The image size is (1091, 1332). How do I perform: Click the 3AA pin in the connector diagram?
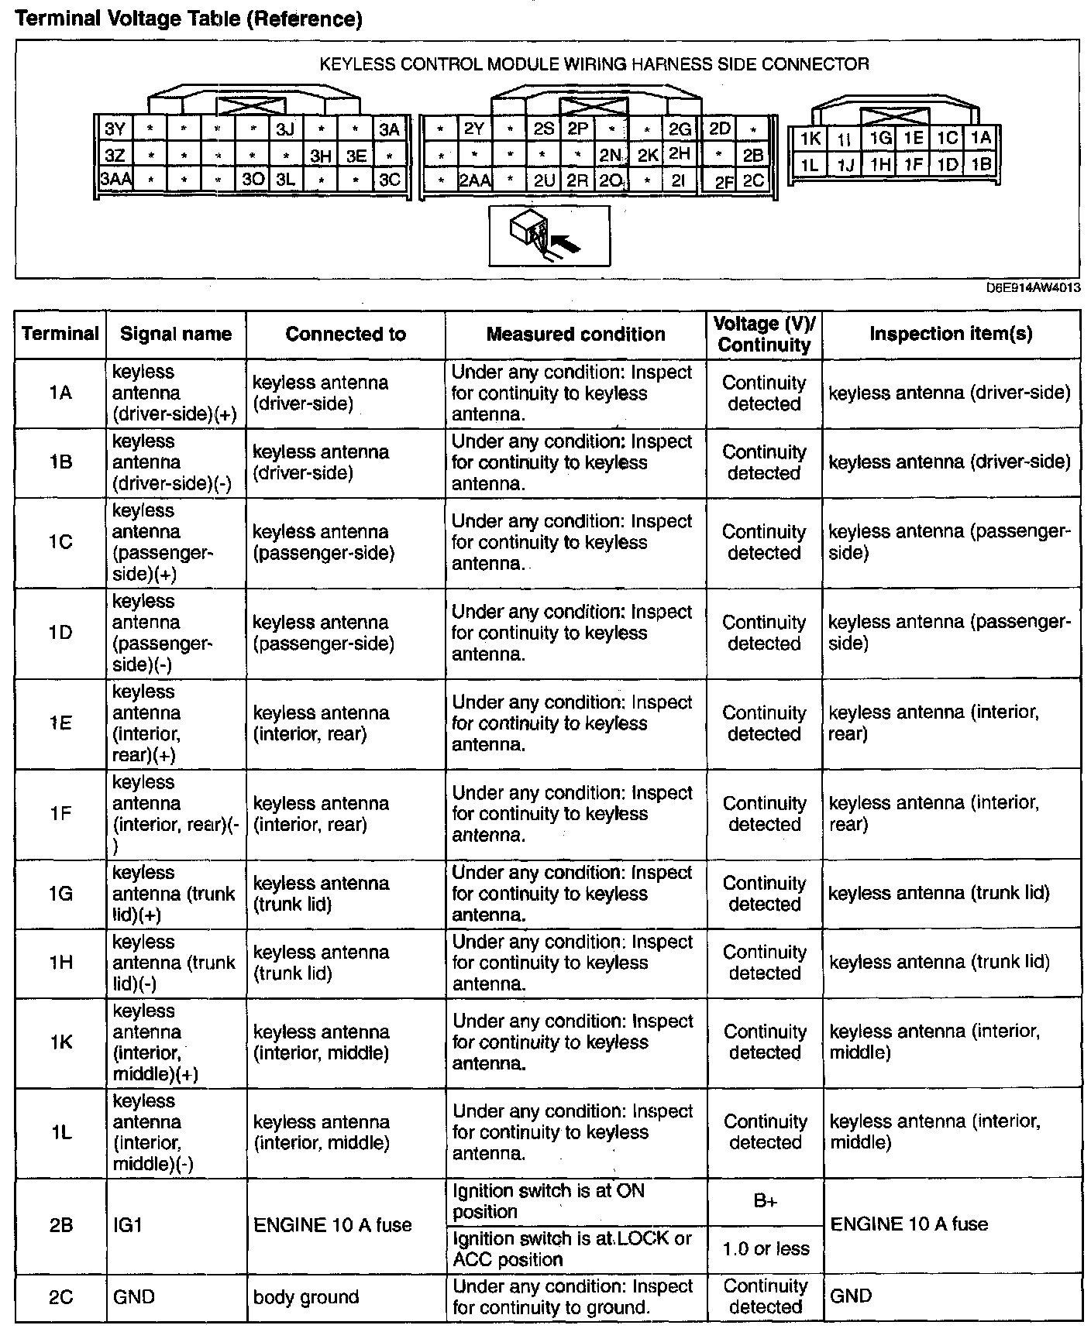click(x=115, y=180)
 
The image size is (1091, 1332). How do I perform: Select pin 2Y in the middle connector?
click(x=474, y=129)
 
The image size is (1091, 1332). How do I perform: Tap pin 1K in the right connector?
click(x=810, y=139)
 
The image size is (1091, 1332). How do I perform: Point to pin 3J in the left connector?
click(x=286, y=129)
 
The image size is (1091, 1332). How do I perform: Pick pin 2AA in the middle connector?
click(x=474, y=181)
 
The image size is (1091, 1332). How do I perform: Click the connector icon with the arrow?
click(x=549, y=235)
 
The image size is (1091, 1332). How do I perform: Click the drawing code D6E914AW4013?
click(x=1033, y=288)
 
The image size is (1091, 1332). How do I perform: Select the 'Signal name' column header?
click(x=176, y=334)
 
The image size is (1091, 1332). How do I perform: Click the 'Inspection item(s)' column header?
click(x=951, y=334)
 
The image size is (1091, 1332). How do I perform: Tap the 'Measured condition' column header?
click(x=576, y=334)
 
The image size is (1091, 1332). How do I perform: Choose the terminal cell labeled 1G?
click(x=60, y=894)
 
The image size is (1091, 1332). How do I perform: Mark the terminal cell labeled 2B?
click(x=60, y=1225)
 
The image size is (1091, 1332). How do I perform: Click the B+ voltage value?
click(x=765, y=1201)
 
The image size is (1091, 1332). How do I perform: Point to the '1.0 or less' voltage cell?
click(x=765, y=1248)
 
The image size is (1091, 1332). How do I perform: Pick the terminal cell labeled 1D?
click(x=60, y=633)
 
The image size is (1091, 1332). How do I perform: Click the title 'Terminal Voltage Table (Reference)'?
click(x=188, y=19)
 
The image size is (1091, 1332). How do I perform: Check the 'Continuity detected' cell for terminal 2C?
click(x=765, y=1297)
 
